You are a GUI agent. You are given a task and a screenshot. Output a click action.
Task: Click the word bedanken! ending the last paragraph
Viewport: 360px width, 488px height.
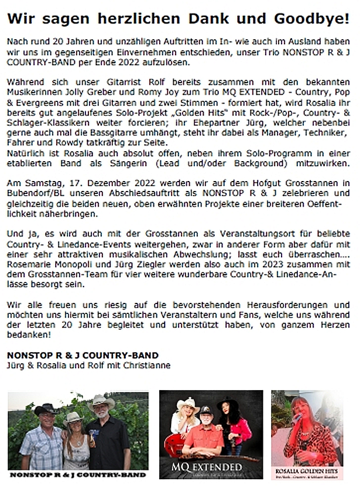pos(29,335)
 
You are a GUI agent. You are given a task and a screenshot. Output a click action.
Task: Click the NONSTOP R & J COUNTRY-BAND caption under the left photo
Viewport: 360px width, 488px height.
pos(77,475)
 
